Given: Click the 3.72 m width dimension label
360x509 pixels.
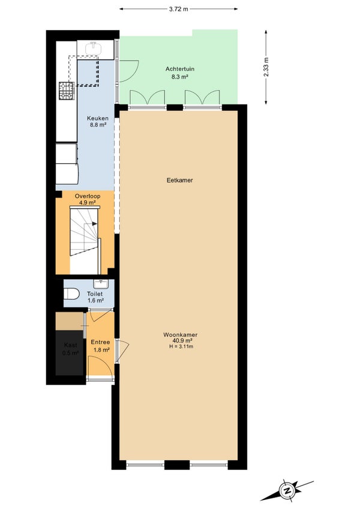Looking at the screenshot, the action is click(178, 9).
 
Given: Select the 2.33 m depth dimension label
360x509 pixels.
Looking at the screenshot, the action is click(266, 67).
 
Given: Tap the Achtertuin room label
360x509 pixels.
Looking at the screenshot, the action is click(180, 69).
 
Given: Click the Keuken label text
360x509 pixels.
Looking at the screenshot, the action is click(98, 118).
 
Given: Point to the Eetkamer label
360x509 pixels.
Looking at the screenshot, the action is click(179, 180).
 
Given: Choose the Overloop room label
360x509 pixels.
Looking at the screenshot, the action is click(88, 196).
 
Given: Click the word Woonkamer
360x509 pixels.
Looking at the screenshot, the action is click(181, 335).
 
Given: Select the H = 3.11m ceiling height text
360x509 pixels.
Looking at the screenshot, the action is click(181, 346).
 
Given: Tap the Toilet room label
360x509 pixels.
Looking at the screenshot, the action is click(95, 294).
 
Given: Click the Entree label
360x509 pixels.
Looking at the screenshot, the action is click(100, 342).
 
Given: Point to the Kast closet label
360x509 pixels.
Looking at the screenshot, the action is click(70, 345).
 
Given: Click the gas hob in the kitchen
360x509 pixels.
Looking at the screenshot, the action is click(67, 91).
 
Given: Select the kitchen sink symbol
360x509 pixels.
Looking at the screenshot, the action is click(94, 49).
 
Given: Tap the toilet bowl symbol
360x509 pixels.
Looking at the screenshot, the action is click(71, 294).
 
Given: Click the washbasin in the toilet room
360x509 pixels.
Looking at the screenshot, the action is click(101, 284).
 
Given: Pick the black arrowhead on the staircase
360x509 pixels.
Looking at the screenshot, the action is click(94, 223).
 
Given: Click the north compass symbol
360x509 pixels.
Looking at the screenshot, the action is click(287, 490).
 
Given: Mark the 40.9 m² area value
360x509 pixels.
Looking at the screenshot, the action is click(182, 341).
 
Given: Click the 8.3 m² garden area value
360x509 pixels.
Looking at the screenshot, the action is click(180, 77).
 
